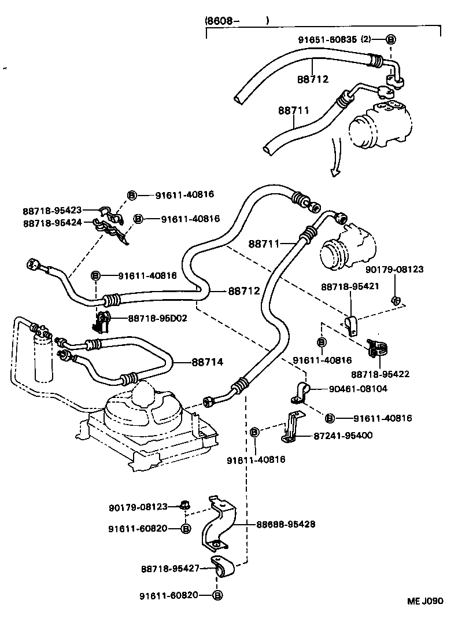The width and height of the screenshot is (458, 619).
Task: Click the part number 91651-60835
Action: tap(327, 39)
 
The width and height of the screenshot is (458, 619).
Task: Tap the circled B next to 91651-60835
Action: tap(390, 39)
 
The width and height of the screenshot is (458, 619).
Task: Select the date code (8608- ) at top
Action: tap(237, 21)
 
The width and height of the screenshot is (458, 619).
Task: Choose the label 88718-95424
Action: tap(52, 223)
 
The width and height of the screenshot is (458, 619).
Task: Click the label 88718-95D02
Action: tap(157, 318)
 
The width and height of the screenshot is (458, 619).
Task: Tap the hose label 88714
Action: tap(207, 362)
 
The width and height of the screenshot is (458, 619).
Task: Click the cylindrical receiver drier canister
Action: tap(43, 359)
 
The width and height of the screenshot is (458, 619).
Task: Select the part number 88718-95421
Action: tap(351, 287)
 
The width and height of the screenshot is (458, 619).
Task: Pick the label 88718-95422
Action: tap(380, 374)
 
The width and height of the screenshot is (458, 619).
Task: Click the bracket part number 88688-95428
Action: tap(286, 524)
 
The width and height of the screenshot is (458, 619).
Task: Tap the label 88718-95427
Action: tap(170, 569)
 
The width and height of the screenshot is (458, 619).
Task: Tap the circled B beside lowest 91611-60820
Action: tap(217, 595)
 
